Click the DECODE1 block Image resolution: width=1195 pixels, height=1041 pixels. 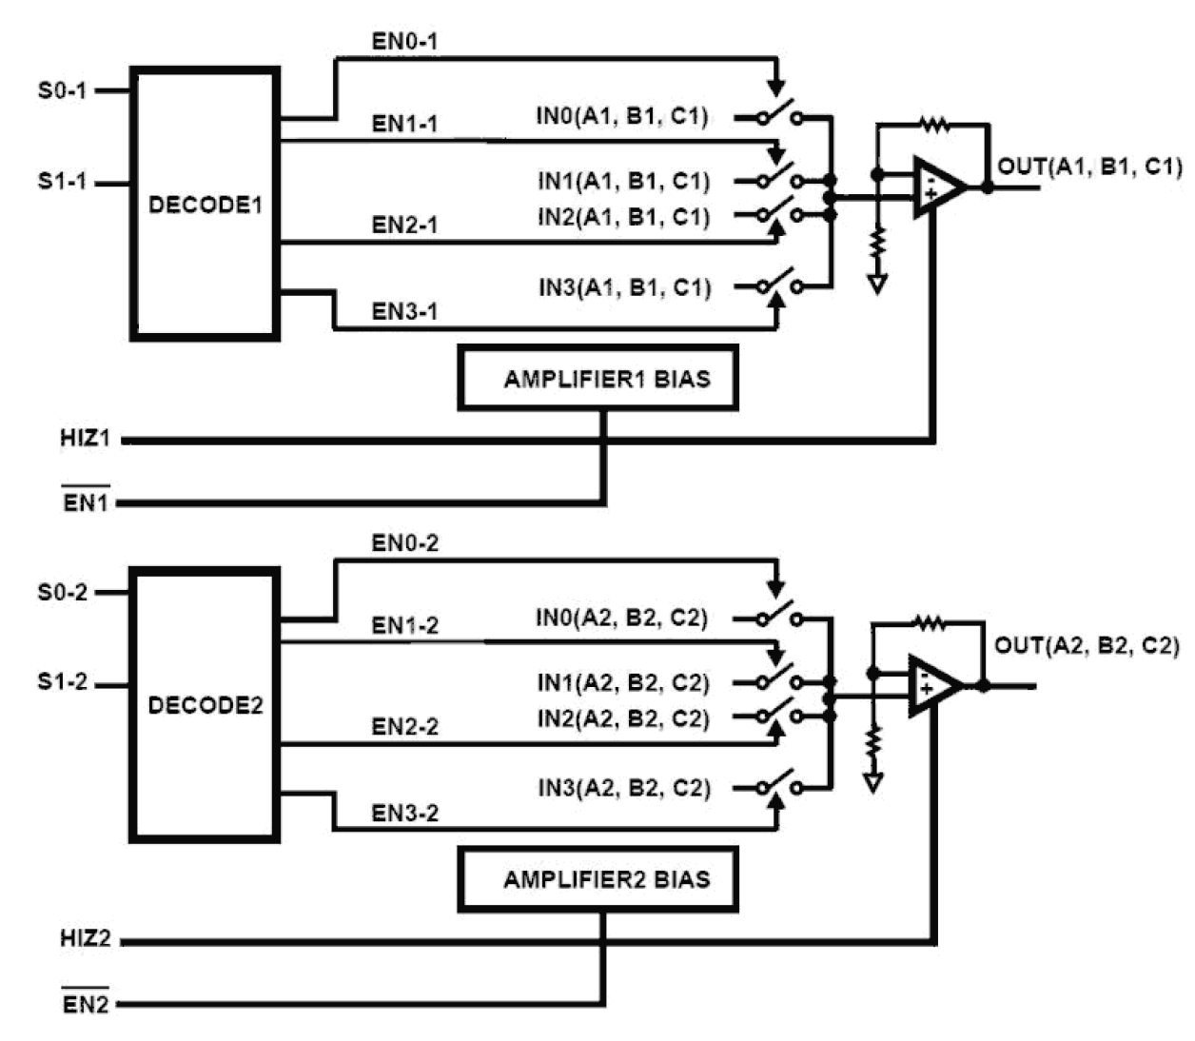[205, 204]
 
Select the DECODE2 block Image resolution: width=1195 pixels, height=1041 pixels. [205, 705]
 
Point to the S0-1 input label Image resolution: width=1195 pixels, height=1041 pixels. [62, 90]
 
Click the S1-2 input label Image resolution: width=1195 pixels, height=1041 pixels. [62, 682]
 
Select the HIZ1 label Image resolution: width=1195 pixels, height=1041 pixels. [85, 439]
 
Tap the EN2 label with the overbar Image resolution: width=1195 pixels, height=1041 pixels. [85, 1003]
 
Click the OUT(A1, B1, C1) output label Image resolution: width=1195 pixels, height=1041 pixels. [1089, 167]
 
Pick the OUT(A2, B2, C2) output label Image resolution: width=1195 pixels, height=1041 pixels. [1087, 646]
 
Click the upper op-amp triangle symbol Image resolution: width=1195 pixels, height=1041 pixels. [936, 187]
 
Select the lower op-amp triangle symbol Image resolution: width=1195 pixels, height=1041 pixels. [931, 685]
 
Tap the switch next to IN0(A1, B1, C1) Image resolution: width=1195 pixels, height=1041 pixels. [779, 116]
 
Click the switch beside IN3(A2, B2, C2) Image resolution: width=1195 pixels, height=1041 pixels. [779, 786]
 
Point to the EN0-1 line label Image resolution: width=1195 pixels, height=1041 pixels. [404, 42]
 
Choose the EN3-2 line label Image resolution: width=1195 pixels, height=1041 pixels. [404, 814]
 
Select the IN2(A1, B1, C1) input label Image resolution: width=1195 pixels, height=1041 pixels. [623, 217]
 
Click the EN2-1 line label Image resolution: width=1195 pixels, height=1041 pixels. [404, 226]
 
